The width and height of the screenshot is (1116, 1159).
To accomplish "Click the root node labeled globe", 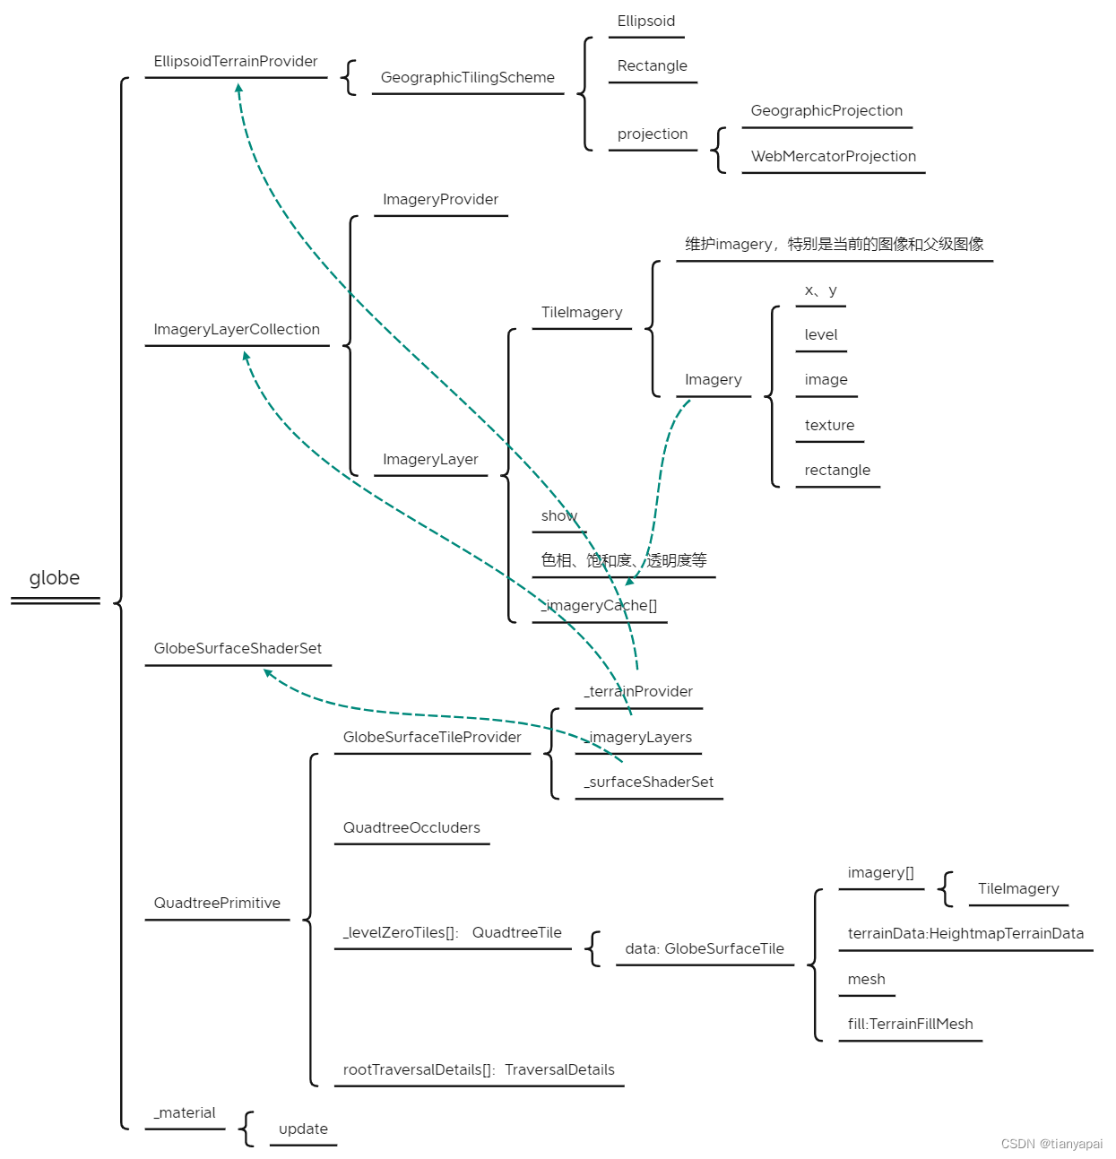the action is [x=54, y=578].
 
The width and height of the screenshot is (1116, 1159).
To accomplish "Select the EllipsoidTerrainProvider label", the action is [x=236, y=61].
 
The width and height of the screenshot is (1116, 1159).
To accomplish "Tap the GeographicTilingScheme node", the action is [x=468, y=77].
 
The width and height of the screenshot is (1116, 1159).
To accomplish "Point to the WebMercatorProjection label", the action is [x=833, y=156].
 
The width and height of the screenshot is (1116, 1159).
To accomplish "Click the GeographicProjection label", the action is [x=826, y=111].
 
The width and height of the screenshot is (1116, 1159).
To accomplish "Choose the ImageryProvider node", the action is [x=441, y=200].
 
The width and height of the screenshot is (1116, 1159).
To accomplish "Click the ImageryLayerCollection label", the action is [x=237, y=329].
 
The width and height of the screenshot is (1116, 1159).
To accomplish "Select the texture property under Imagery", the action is [x=829, y=425].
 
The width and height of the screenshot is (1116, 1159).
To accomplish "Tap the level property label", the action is [x=820, y=334].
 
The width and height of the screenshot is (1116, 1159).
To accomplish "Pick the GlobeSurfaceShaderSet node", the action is [x=238, y=649].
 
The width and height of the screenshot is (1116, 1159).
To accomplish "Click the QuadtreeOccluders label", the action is [x=411, y=828].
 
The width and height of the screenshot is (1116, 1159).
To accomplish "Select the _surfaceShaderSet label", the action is [x=648, y=782].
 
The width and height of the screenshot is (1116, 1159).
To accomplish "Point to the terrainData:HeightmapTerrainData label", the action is [x=965, y=934].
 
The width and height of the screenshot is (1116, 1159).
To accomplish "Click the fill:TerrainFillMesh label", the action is [x=910, y=1025].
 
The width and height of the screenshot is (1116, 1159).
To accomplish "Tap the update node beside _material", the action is [x=303, y=1129].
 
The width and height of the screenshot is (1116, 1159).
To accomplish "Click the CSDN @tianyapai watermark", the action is [x=1051, y=1144].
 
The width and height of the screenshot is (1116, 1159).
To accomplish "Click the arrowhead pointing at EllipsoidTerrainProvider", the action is [x=238, y=88].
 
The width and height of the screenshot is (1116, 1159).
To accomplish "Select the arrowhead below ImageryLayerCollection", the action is [x=246, y=356].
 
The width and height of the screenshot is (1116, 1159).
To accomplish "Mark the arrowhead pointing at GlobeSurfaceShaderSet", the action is [x=268, y=672].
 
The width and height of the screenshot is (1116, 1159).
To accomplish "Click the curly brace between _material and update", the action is [x=246, y=1129].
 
